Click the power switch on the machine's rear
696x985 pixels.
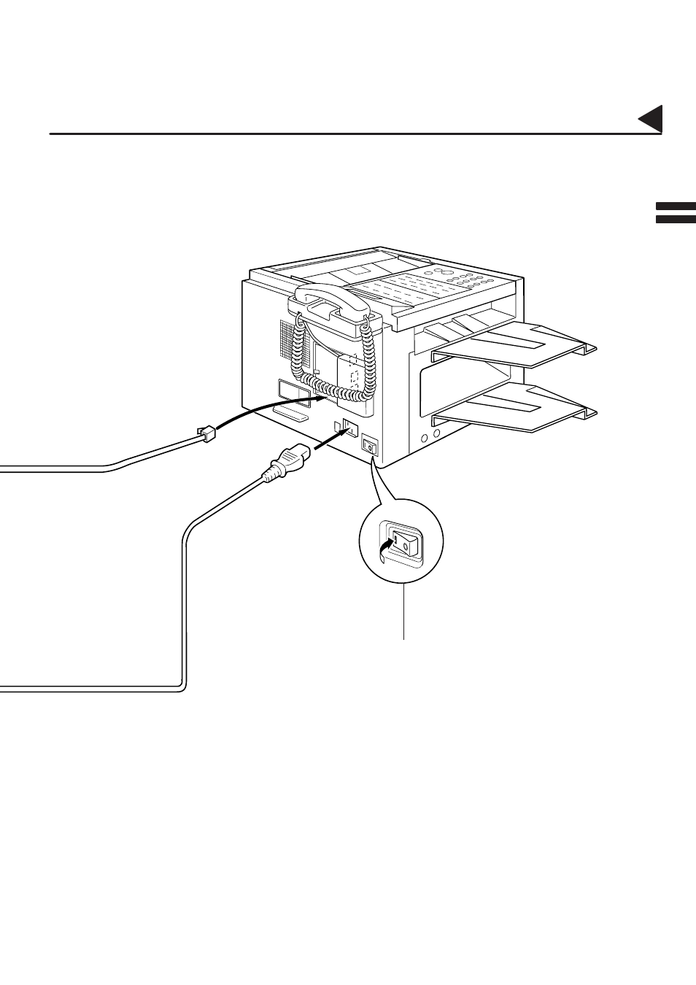370,446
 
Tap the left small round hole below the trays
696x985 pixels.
424,439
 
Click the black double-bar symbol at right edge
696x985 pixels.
675,213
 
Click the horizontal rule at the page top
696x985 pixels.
355,134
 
